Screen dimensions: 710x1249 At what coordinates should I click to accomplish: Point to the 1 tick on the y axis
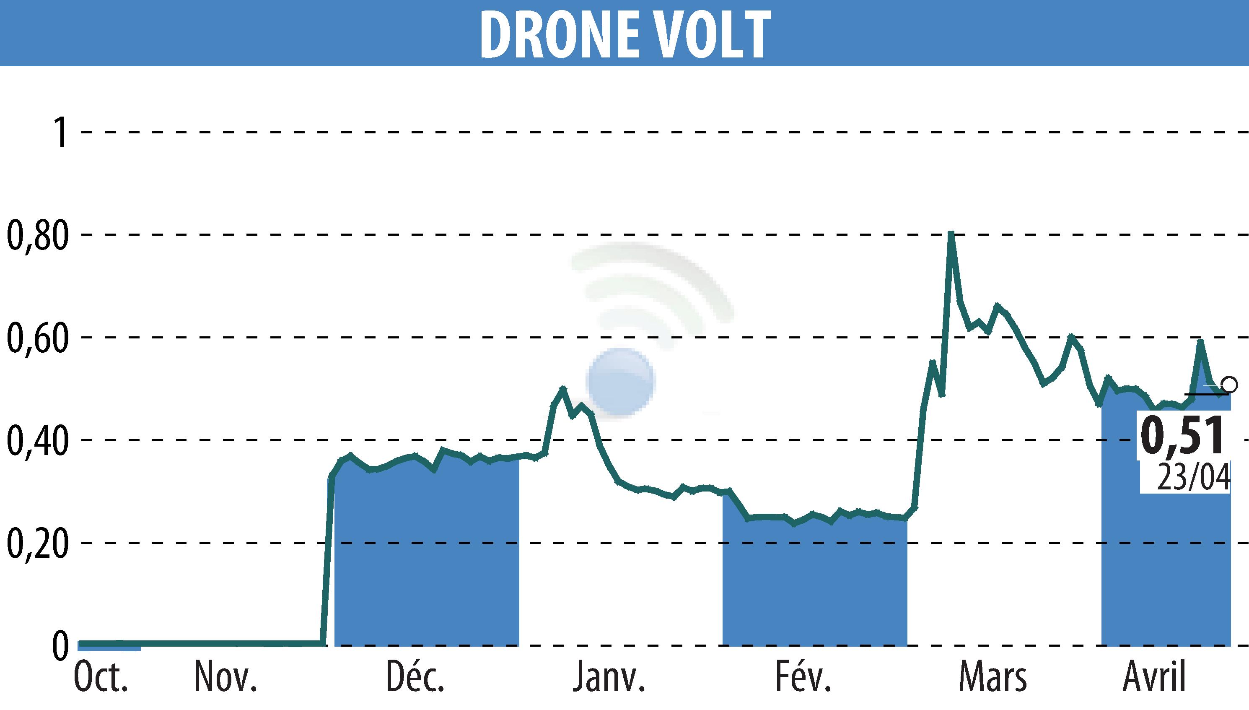[60, 133]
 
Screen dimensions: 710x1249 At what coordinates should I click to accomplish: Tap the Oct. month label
[101, 678]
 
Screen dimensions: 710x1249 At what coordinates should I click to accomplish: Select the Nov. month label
[225, 678]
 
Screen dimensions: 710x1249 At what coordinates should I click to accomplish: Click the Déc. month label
[415, 678]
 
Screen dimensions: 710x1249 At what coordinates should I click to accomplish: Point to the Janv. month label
[609, 678]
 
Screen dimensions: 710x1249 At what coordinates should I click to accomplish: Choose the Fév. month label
[803, 678]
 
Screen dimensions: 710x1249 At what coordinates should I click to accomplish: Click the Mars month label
[992, 678]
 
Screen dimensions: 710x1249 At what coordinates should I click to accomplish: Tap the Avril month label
[1154, 678]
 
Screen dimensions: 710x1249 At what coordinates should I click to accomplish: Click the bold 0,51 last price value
[1182, 435]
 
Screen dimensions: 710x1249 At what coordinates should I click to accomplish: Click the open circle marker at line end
[1229, 385]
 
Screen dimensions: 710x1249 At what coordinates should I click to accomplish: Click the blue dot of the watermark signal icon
[621, 382]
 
